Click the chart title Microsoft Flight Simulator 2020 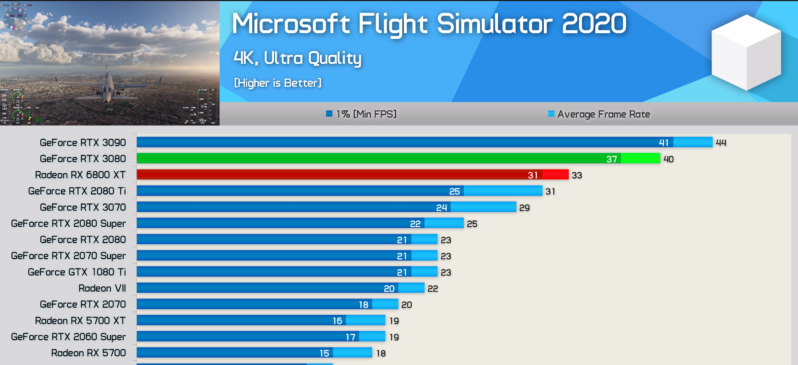point(429,24)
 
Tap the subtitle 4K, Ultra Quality point(297,58)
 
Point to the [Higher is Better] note point(278,83)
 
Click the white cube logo point(746,53)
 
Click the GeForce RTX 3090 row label point(83,143)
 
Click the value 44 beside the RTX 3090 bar point(721,143)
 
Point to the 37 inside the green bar point(611,159)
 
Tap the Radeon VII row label point(102,288)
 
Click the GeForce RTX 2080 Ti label point(77,191)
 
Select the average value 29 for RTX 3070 point(524,208)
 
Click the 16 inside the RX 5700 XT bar point(337,321)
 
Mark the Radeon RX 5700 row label point(89,353)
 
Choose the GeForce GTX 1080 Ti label point(77,272)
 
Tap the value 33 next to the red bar point(577,175)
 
